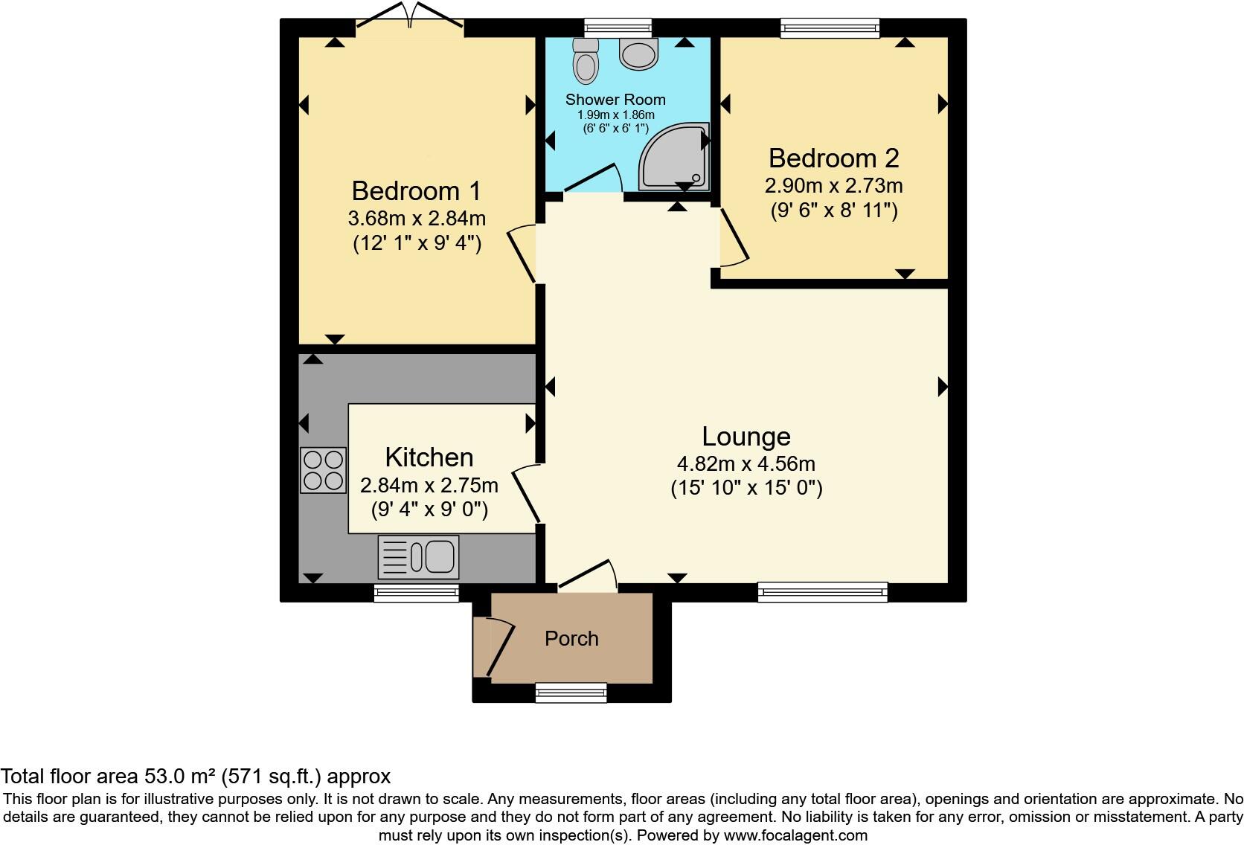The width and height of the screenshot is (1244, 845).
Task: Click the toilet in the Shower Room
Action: pyautogui.click(x=586, y=60)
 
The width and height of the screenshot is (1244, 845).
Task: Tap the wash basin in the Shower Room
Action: pyautogui.click(x=638, y=54)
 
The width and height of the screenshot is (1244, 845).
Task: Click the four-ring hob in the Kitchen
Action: pyautogui.click(x=324, y=470)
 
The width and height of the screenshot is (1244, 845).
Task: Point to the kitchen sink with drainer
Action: pyautogui.click(x=418, y=557)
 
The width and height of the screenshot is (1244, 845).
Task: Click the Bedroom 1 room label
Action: pyautogui.click(x=416, y=191)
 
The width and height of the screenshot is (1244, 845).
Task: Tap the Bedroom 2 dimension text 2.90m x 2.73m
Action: pyautogui.click(x=833, y=185)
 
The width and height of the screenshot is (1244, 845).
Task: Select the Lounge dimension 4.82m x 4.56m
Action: pyautogui.click(x=746, y=464)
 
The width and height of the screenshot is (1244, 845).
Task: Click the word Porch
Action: pyautogui.click(x=571, y=639)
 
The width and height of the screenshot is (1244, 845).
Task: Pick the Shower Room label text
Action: pyautogui.click(x=615, y=100)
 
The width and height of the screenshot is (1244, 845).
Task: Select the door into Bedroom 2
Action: pyautogui.click(x=733, y=237)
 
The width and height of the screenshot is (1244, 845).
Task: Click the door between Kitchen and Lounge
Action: pyautogui.click(x=526, y=494)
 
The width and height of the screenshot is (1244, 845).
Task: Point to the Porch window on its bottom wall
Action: pyautogui.click(x=571, y=693)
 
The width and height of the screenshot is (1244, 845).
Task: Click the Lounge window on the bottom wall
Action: pyautogui.click(x=822, y=592)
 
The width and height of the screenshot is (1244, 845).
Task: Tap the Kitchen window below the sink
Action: pyautogui.click(x=416, y=592)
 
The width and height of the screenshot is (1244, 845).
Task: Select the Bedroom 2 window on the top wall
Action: pyautogui.click(x=829, y=29)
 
